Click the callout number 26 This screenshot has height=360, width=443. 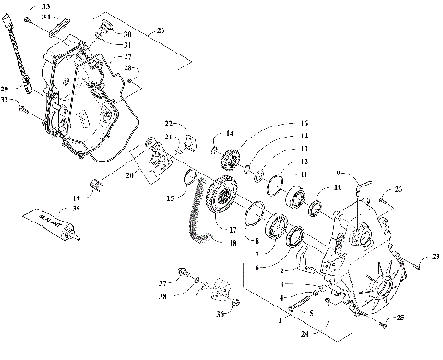[x=161, y=30]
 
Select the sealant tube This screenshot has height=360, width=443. [x=54, y=225]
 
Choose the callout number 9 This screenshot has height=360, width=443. [x=340, y=173]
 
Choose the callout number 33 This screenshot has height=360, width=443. [x=48, y=7]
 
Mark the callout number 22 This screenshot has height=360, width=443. [x=169, y=123]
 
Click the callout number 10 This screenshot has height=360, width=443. [x=337, y=186]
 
